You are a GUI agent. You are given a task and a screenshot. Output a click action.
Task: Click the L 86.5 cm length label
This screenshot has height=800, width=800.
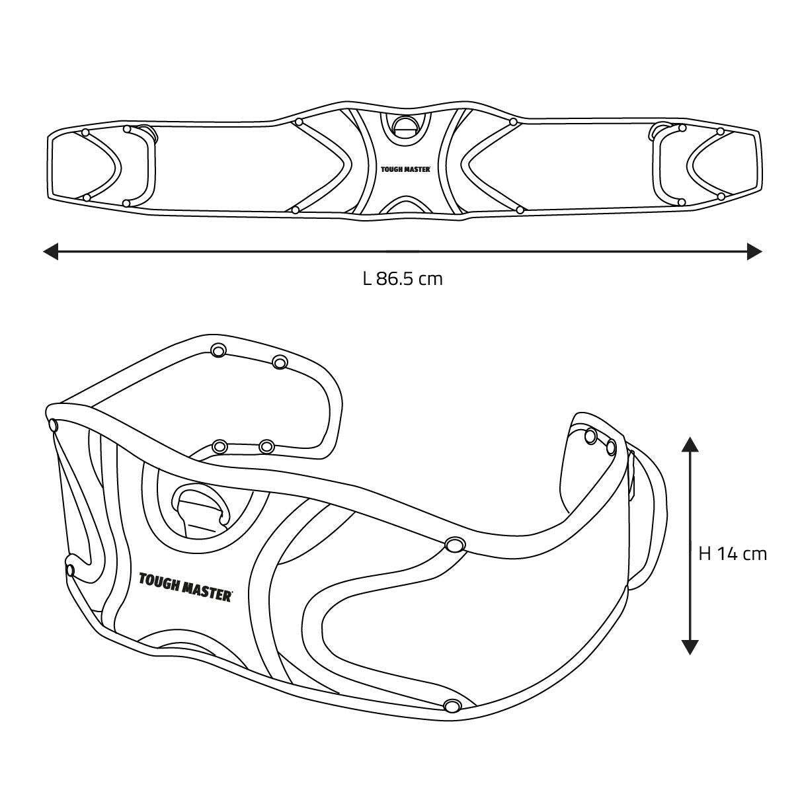402,278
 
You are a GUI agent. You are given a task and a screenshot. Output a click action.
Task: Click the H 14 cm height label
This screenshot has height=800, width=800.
733,553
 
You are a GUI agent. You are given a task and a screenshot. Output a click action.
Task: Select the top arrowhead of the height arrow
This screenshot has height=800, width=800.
690,444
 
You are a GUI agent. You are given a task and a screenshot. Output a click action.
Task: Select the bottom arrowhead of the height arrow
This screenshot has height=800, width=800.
690,646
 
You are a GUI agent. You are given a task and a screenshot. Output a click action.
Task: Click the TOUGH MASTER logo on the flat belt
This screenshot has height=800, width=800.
405,169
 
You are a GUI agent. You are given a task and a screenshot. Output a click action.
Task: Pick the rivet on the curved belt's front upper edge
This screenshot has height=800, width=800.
454,545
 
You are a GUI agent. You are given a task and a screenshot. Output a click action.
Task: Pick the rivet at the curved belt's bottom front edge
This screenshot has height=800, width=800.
452,705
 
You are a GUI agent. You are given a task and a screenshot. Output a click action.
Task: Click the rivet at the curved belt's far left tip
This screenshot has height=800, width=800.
54,426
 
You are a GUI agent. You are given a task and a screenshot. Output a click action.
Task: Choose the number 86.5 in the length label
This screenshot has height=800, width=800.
395,278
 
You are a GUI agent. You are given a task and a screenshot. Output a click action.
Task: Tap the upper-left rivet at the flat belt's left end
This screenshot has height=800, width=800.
85,133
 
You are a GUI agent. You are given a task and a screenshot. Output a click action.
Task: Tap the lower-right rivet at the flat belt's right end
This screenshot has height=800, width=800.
721,196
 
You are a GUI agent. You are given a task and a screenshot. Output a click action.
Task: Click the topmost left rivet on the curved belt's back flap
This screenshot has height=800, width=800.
218,350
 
